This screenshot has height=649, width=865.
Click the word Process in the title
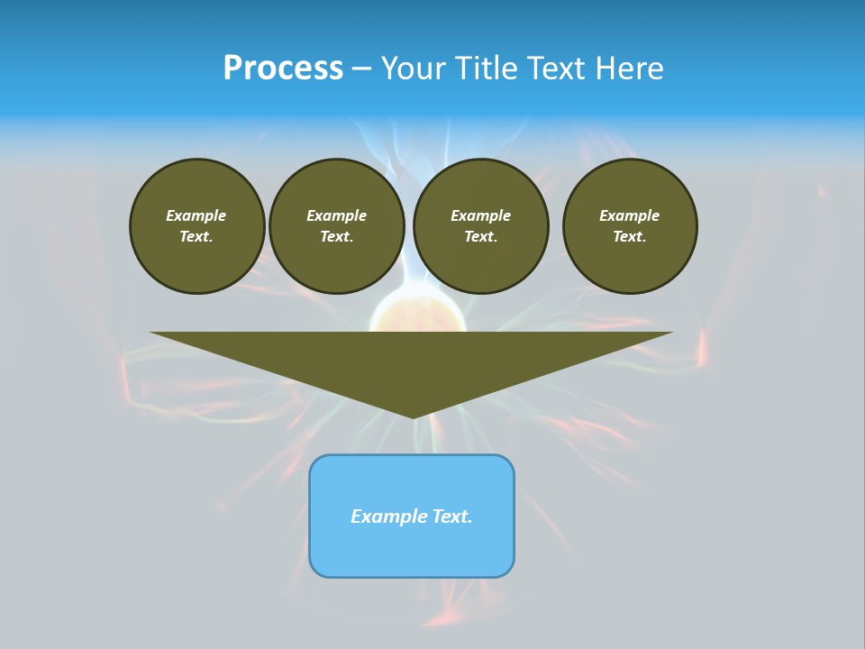pos(283,68)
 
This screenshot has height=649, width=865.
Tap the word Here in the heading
pos(628,68)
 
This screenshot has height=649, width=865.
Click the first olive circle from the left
pos(196,226)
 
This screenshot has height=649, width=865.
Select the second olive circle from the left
pos(336,226)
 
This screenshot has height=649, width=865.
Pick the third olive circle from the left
pos(480,226)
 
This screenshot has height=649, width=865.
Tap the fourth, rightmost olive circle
pos(630,226)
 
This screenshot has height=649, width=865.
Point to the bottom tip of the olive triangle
pos(413,416)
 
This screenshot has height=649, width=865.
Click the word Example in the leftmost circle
pos(196,215)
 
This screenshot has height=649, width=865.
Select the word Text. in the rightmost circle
pos(630,236)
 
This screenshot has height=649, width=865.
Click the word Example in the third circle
pos(480,215)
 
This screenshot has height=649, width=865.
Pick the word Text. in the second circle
pos(336,236)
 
